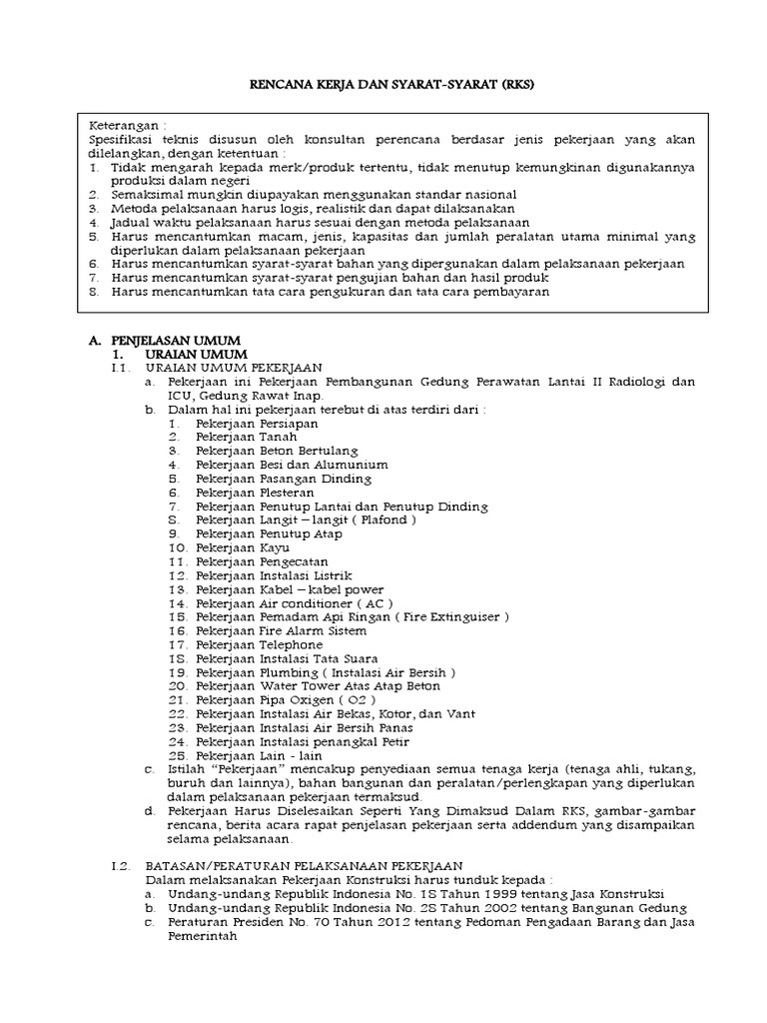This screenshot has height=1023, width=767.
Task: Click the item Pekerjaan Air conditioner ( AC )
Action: point(295,603)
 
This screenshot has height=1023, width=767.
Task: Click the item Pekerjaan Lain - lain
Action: point(253,756)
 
